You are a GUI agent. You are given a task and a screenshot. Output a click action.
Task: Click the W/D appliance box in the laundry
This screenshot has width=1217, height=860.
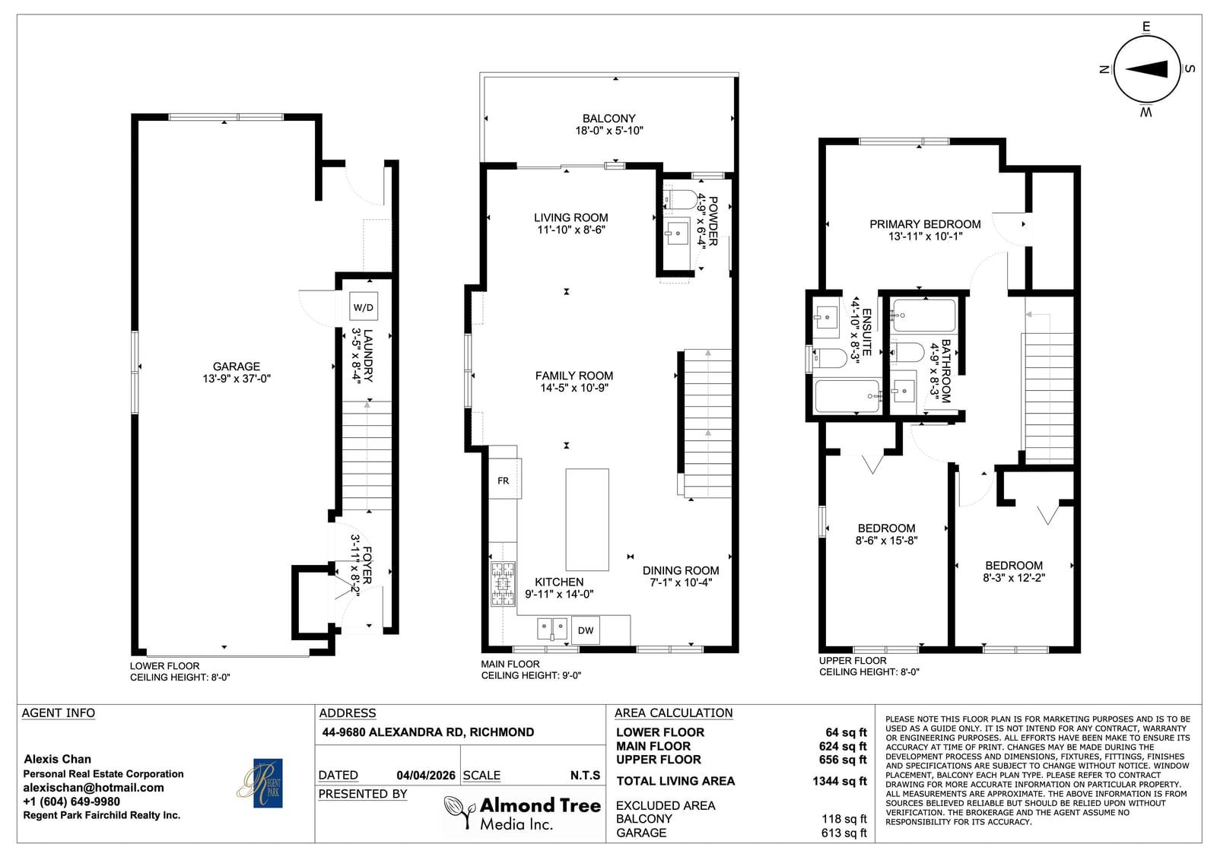pyautogui.click(x=364, y=306)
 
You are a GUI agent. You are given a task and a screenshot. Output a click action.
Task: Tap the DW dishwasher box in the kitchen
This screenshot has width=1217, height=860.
pyautogui.click(x=585, y=630)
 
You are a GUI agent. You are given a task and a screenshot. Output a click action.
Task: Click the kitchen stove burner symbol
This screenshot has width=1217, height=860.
pyautogui.click(x=503, y=584)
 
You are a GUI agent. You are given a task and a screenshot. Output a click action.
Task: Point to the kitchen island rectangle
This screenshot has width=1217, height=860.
pyautogui.click(x=586, y=519)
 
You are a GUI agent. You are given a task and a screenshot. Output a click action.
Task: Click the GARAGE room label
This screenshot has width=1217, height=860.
pyautogui.click(x=237, y=367)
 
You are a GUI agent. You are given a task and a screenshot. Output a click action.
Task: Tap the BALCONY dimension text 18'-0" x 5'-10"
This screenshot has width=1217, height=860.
pyautogui.click(x=609, y=130)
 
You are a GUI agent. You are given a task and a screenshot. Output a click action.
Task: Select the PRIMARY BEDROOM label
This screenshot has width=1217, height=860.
pyautogui.click(x=925, y=224)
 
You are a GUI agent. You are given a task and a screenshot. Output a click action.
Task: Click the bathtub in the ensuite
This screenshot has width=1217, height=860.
pyautogui.click(x=847, y=396)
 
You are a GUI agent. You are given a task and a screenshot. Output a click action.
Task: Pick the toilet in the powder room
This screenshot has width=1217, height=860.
pyautogui.click(x=680, y=200)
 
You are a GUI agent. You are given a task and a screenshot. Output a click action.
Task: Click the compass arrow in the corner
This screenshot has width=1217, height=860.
pyautogui.click(x=1146, y=69)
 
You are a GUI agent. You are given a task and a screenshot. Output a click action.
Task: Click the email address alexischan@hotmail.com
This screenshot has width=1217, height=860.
pyautogui.click(x=94, y=788)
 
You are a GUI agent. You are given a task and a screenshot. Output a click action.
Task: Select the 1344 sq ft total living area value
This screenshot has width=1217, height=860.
pyautogui.click(x=840, y=781)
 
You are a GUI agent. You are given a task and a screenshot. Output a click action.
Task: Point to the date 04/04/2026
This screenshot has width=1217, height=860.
pyautogui.click(x=426, y=776)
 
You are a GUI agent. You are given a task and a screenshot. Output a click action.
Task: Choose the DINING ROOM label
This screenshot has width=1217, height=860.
pyautogui.click(x=681, y=570)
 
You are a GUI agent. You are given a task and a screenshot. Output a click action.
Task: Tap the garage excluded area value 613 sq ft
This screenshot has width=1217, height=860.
pyautogui.click(x=844, y=833)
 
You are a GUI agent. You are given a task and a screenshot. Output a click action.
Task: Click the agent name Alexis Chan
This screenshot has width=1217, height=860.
pyautogui.click(x=58, y=759)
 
